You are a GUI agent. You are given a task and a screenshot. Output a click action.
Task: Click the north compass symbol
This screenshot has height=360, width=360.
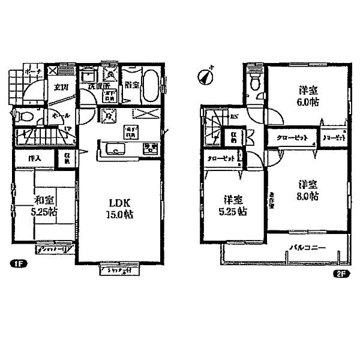206,76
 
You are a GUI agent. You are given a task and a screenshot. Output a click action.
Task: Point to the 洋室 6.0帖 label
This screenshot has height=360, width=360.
309,96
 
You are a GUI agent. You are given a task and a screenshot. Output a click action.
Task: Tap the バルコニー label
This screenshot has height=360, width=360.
307,248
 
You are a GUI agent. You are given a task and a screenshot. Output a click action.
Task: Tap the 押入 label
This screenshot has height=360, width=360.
34,159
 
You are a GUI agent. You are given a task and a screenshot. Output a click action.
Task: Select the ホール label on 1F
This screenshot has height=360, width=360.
58,115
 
